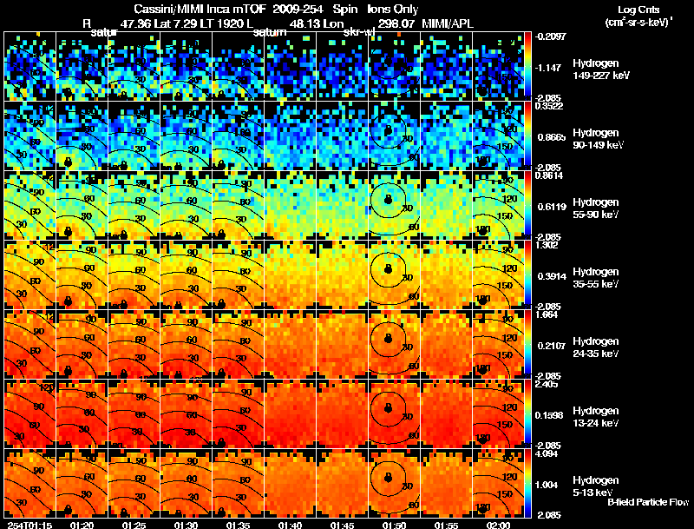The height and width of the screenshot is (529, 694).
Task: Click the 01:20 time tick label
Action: tap(82, 525)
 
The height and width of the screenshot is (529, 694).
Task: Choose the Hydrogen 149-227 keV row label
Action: tap(594, 69)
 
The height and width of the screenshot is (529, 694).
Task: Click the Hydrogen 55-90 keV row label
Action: tap(594, 208)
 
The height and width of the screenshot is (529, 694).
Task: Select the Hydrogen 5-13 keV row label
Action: tap(594, 486)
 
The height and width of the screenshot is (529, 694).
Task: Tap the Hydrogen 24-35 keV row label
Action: tap(594, 347)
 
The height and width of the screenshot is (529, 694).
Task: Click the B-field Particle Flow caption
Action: tap(648, 502)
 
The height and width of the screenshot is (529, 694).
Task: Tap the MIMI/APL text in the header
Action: tap(448, 23)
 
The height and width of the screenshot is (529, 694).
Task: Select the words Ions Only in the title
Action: tap(395, 9)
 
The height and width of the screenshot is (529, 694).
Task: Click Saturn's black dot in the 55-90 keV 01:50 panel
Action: tap(389, 200)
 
